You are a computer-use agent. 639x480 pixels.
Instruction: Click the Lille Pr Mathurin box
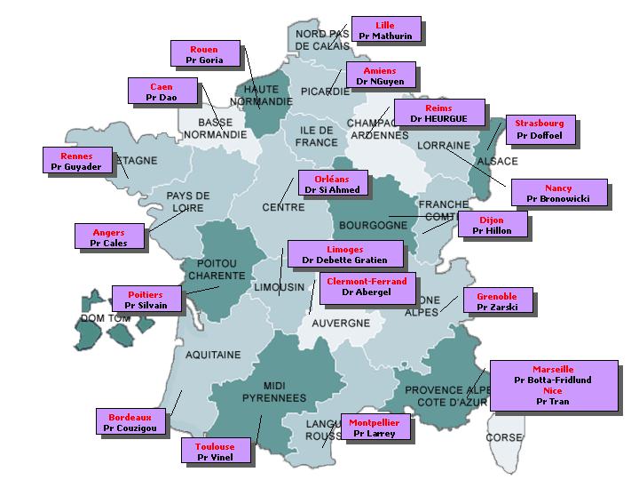point(385,30)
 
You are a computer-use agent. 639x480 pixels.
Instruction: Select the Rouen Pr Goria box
point(204,54)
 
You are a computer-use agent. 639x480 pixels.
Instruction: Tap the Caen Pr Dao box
point(162,92)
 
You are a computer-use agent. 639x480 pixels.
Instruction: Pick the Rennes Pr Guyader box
point(76,161)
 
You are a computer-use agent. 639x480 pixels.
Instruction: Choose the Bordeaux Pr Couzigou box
point(130,422)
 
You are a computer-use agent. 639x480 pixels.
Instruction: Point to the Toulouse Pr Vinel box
point(215,452)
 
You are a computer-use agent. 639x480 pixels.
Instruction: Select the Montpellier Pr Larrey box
point(374,428)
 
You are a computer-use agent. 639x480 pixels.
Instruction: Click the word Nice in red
point(553,390)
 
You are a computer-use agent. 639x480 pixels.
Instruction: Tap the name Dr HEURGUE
point(438,118)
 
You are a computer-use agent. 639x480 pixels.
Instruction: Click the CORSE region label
point(504,437)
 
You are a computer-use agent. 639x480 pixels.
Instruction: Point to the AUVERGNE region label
point(341,323)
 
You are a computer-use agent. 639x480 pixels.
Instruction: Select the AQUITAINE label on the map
point(213,355)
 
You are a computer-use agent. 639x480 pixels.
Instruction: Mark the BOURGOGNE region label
point(373,226)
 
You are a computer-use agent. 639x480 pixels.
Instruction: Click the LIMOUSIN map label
point(280,287)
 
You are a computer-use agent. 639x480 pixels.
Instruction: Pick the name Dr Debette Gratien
point(344,260)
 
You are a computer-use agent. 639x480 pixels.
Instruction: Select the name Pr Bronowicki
point(557,198)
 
